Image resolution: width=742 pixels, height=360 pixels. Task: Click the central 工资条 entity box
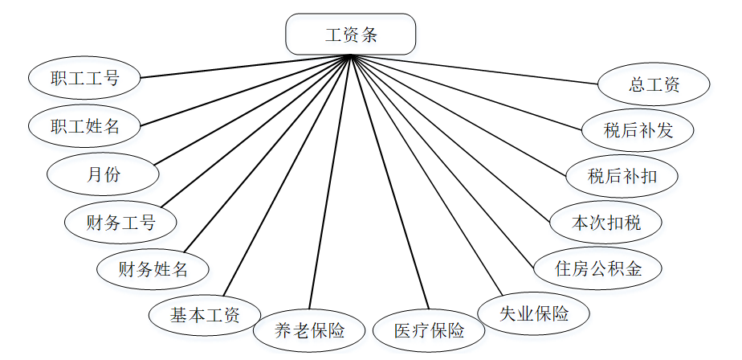(351, 35)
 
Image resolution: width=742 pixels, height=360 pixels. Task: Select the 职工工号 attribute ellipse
(84, 78)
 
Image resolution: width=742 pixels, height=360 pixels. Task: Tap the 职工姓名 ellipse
(84, 125)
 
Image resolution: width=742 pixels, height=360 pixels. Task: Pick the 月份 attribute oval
(103, 174)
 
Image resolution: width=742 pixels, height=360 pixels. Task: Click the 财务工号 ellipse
(120, 222)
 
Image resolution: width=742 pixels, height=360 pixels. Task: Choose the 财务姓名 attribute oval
(153, 268)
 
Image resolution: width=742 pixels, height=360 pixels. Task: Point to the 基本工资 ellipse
(205, 313)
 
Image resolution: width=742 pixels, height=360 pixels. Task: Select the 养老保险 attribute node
(309, 329)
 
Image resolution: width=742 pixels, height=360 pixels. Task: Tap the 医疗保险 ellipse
(429, 330)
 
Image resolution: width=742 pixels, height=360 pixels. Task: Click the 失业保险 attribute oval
(534, 313)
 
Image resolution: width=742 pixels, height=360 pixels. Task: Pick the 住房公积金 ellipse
(598, 268)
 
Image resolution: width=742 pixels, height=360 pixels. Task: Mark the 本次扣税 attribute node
(606, 223)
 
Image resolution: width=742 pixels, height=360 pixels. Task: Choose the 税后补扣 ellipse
(622, 175)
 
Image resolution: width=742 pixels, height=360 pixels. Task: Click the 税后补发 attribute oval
(638, 129)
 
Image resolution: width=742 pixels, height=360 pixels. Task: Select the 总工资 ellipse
(654, 84)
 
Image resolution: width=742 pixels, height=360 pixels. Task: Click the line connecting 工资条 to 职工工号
(246, 67)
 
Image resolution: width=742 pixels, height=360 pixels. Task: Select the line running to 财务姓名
(267, 153)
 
